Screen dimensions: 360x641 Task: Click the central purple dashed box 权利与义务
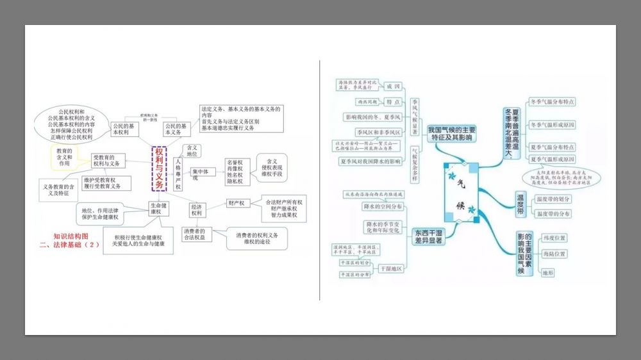pos(159,168)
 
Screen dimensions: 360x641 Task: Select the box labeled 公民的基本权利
pos(123,129)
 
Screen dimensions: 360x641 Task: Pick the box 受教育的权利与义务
pos(108,160)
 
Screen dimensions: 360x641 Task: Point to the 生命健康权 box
pos(159,209)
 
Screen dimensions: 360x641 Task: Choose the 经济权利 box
pos(197,209)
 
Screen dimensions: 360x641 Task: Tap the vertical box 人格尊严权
pos(178,171)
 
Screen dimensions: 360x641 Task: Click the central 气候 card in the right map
pos(461,193)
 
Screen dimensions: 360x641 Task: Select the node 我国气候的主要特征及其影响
pos(452,133)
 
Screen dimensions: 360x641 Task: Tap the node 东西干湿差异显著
pos(428,237)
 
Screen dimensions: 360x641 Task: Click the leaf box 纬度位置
pos(554,238)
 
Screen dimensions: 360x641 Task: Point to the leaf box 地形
pos(547,272)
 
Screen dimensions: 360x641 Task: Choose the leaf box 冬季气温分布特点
pos(552,102)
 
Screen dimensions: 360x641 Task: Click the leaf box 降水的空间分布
pos(383,207)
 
